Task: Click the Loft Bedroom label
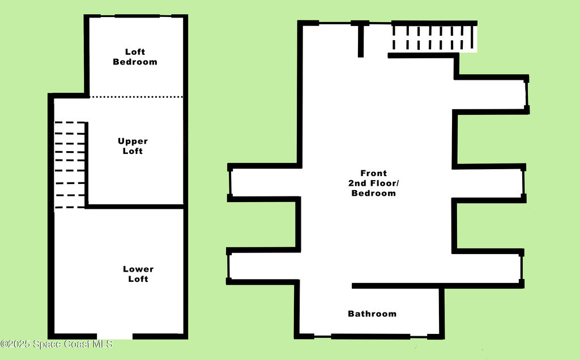(x=135, y=57)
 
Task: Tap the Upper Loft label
(x=133, y=146)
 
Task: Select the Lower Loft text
(x=138, y=274)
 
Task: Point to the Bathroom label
(x=372, y=314)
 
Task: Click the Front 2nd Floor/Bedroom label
(x=374, y=183)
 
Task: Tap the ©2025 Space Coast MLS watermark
(x=57, y=344)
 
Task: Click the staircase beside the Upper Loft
(x=70, y=165)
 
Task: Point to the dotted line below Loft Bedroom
(x=137, y=97)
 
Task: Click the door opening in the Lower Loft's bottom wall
(x=114, y=336)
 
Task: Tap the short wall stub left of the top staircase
(x=361, y=39)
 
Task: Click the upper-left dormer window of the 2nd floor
(x=230, y=183)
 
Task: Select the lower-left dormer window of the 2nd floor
(x=229, y=266)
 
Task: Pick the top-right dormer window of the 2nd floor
(x=527, y=94)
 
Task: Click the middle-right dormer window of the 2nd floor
(x=523, y=183)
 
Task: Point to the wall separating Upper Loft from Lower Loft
(x=135, y=207)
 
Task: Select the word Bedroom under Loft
(x=135, y=62)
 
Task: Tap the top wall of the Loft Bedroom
(x=136, y=16)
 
